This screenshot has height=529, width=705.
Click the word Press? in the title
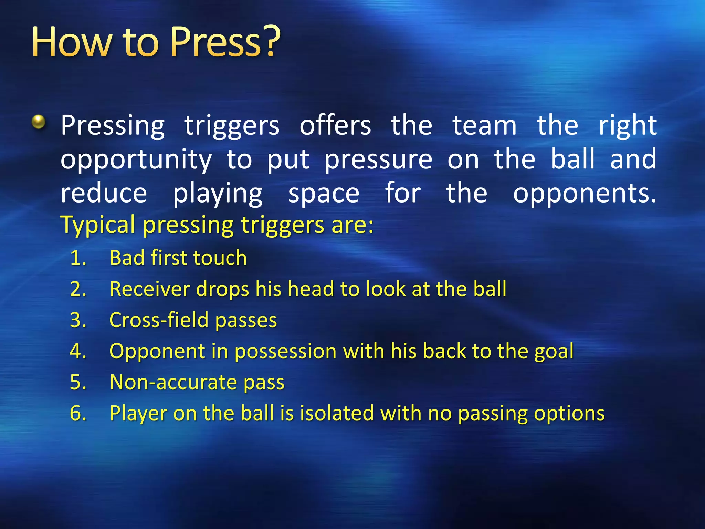coord(225,42)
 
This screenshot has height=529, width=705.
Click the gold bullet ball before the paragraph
coord(39,122)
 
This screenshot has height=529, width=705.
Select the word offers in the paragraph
coord(335,125)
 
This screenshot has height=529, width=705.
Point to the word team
coord(484,125)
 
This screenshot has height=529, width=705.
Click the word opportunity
coord(136,160)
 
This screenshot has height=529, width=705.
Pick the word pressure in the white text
coord(378,160)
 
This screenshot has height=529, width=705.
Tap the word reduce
coord(104,193)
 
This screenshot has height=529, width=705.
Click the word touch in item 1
coord(220,258)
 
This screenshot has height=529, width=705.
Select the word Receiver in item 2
coord(149,289)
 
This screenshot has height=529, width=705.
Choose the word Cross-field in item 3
coord(159,320)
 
